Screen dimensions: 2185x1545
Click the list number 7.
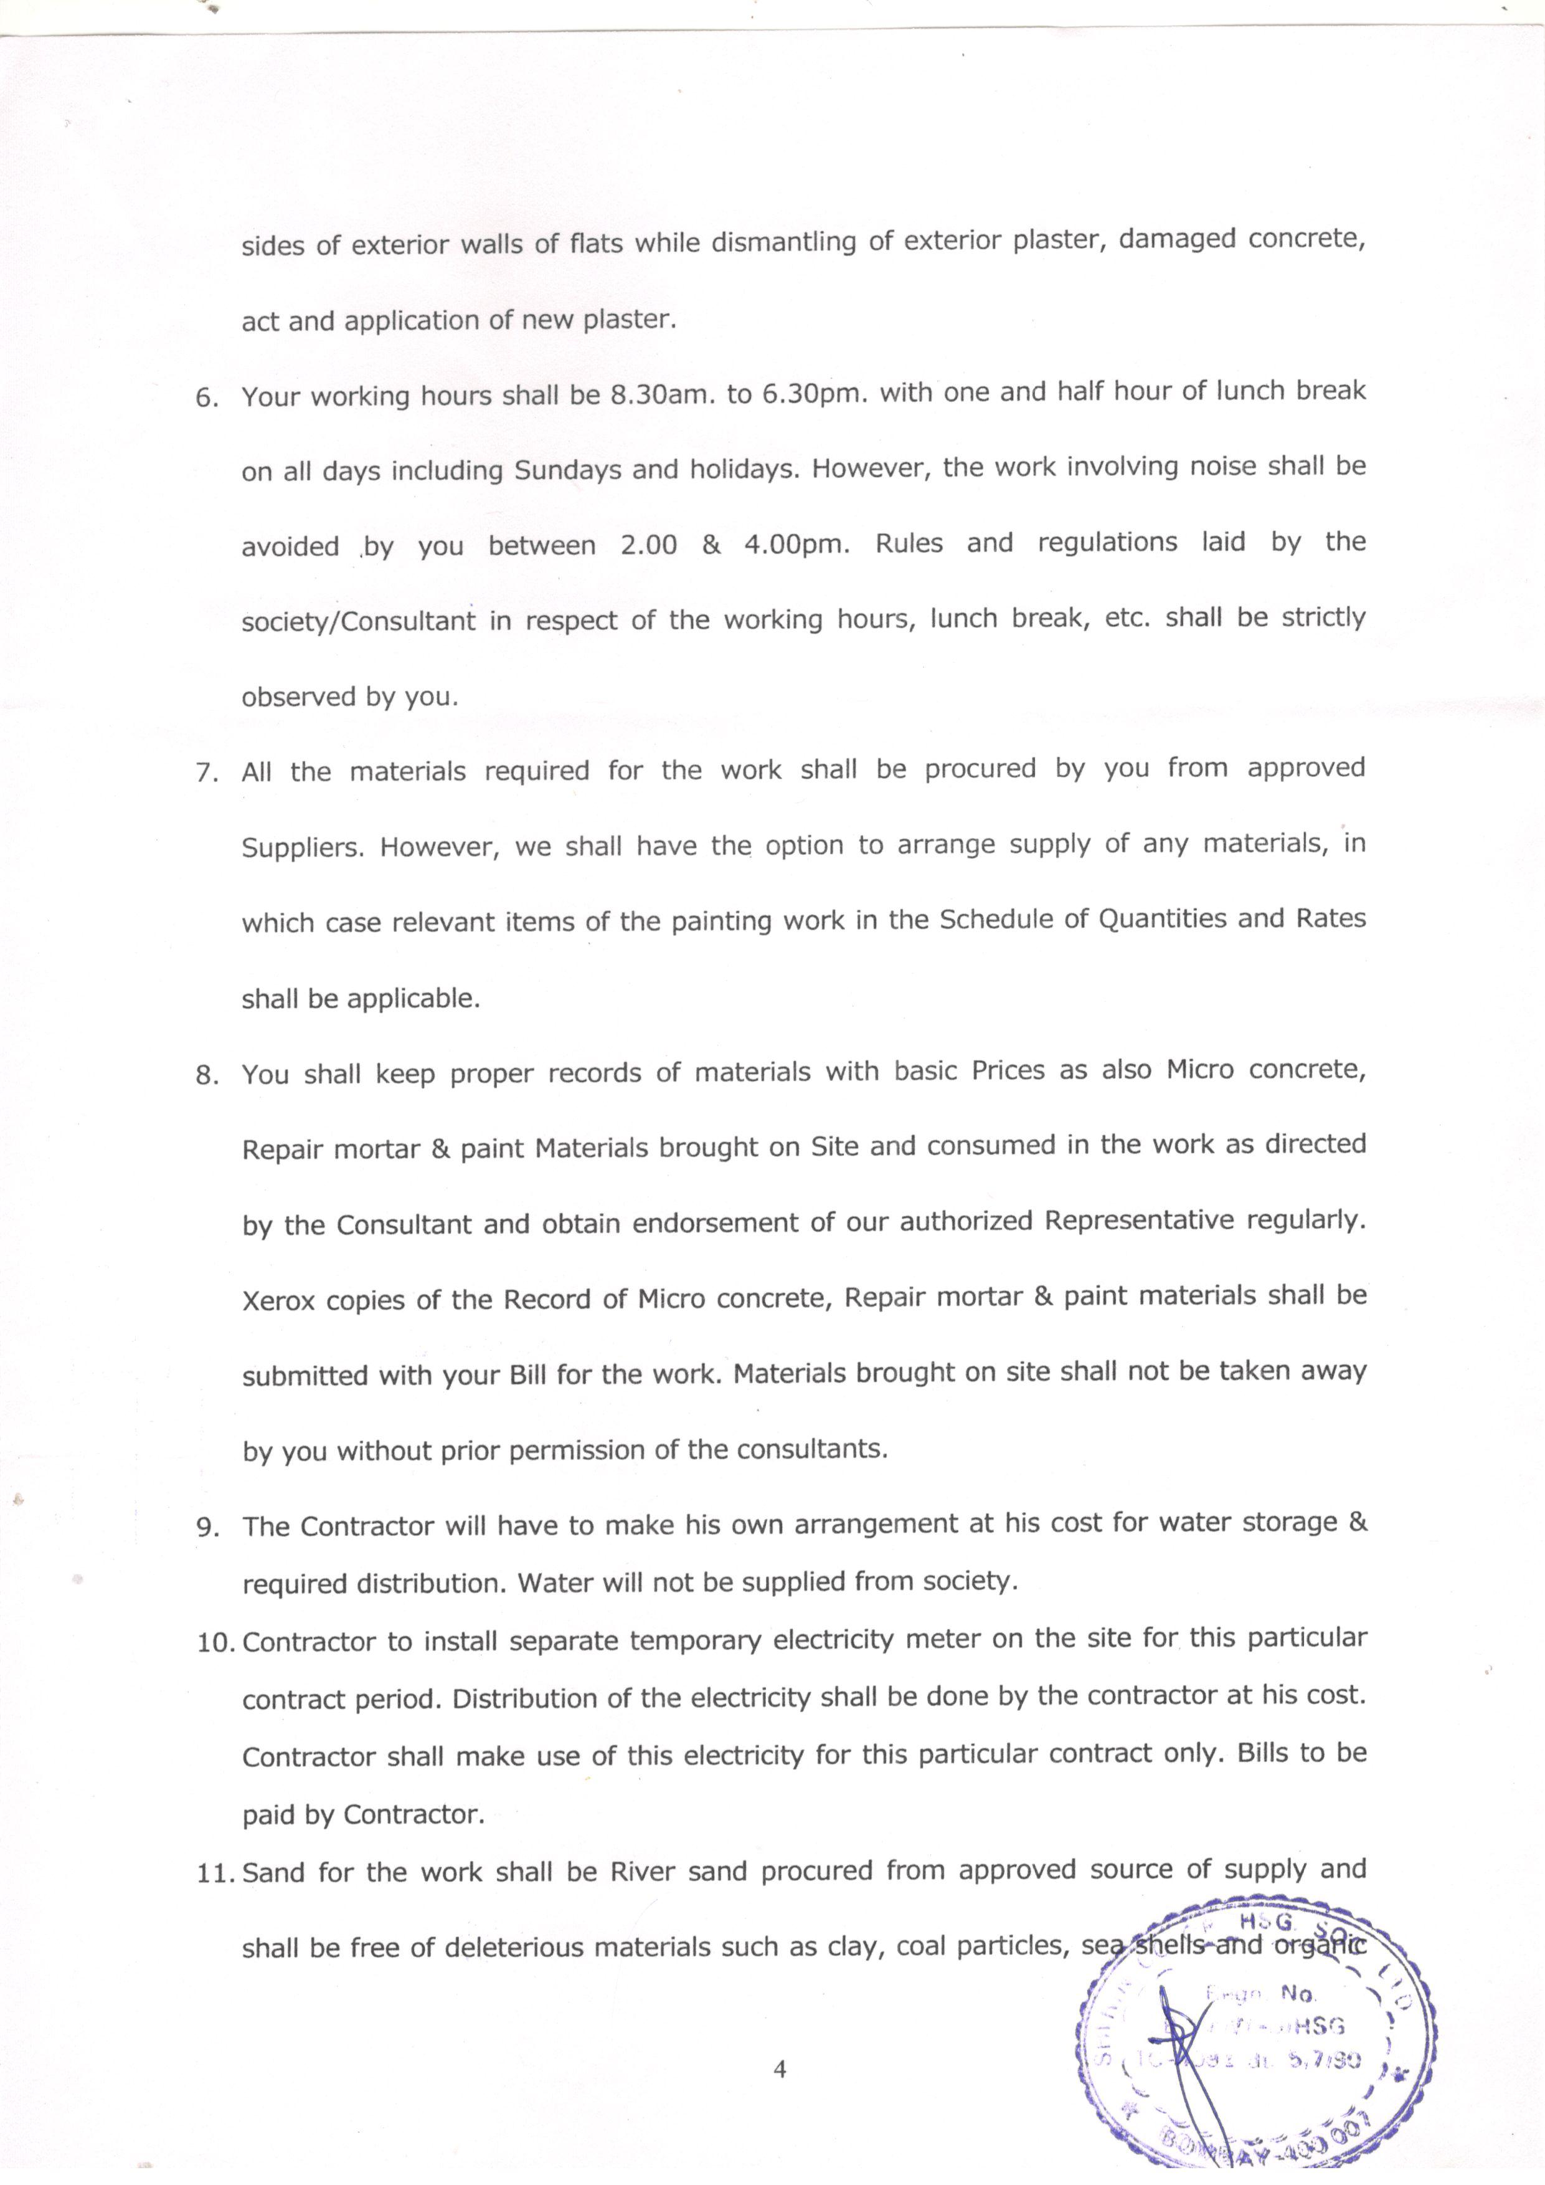click(x=207, y=773)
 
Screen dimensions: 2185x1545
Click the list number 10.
click(x=216, y=1644)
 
